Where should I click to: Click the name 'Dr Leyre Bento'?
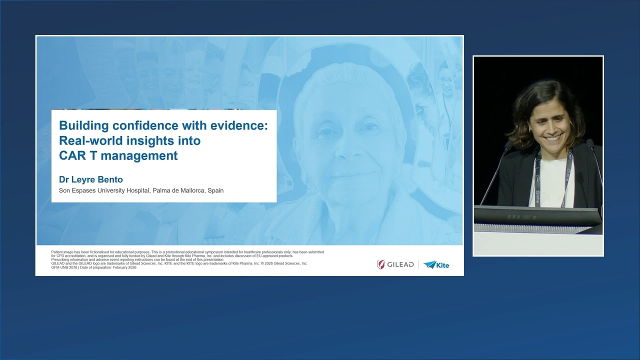pyautogui.click(x=91, y=179)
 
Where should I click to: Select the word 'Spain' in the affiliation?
pyautogui.click(x=215, y=190)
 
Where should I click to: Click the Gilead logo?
pyautogui.click(x=395, y=264)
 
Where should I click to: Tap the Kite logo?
pyautogui.click(x=436, y=264)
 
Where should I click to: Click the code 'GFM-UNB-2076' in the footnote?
pyautogui.click(x=64, y=267)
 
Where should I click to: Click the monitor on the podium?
pyautogui.click(x=537, y=216)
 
